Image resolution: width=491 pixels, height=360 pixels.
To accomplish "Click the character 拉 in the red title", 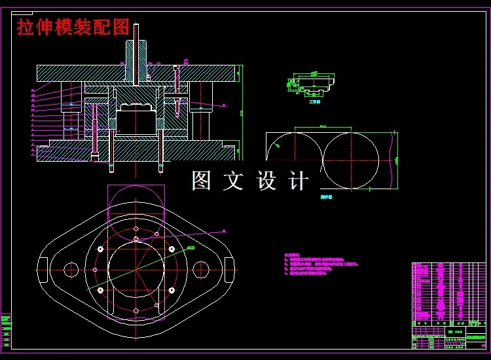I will pos(26,27).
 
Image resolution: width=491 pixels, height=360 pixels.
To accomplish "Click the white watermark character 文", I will pos(233,181).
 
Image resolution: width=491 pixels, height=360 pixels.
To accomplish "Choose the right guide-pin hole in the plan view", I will pos(200,269).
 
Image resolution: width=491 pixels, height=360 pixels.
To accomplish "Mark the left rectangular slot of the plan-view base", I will pos(43,270).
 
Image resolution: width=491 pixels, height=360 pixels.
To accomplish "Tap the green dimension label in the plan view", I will pos(190,247).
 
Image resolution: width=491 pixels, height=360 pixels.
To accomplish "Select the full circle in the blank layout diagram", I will pos(350,160).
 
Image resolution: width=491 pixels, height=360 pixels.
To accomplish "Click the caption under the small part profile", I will pos(314,102).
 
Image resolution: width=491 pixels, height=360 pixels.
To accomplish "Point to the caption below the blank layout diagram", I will pos(325,195).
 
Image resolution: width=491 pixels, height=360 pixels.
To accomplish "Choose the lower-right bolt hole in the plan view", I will pos(172,289).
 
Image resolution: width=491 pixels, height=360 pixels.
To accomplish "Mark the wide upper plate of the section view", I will pos(136,73).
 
